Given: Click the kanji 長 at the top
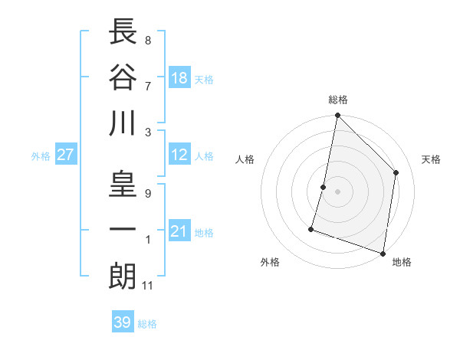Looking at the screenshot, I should coord(123,33).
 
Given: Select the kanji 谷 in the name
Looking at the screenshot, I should coord(123,77).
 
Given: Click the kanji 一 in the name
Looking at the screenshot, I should coord(123,230).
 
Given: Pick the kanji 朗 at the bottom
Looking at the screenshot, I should coord(123,276).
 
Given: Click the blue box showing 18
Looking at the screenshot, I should coord(179,79).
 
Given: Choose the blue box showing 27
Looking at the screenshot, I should coord(65,155).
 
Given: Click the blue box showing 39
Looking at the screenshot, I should coord(122,322).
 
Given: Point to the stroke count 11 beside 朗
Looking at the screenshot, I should coord(149,286).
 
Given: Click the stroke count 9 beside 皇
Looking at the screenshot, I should coord(147,194).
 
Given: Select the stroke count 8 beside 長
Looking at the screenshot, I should coord(147,40).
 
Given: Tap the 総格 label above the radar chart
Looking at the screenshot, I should coord(338,100).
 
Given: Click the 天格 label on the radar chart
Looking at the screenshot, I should coord(431,159).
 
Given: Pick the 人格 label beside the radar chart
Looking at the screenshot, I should coord(245,159).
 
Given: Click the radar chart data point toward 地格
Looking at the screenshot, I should coord(383,253).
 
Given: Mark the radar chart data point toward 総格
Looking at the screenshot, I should coord(337,116).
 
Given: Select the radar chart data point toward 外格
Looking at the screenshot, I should coord(311,228).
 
